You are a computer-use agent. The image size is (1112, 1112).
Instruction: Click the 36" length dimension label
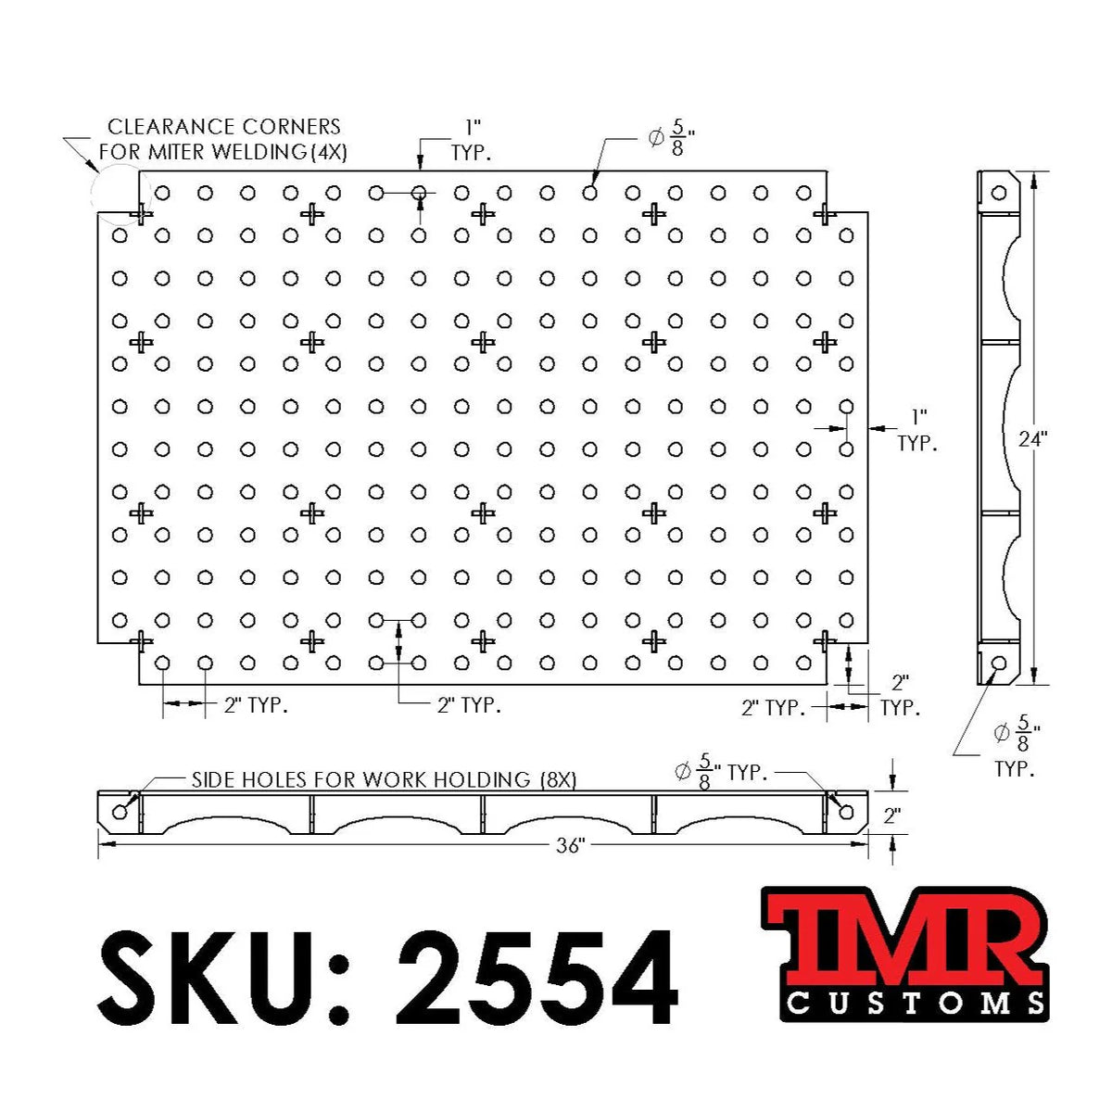571,845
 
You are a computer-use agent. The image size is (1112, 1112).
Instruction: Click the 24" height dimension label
1031,438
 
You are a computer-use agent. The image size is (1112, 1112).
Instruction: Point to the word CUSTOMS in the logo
916,1003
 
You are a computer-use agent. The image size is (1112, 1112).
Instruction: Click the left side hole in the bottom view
120,813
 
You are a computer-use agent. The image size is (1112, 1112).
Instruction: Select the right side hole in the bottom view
845,813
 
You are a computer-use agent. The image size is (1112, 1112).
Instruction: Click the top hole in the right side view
998,194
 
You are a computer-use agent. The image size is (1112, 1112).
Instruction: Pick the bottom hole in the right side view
998,663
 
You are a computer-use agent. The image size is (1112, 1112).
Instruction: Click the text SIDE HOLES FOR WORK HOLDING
361,779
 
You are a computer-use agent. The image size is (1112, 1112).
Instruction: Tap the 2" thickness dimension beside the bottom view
891,815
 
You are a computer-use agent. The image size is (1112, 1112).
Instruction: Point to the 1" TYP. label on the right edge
917,431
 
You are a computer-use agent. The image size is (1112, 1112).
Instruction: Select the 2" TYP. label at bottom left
256,705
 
